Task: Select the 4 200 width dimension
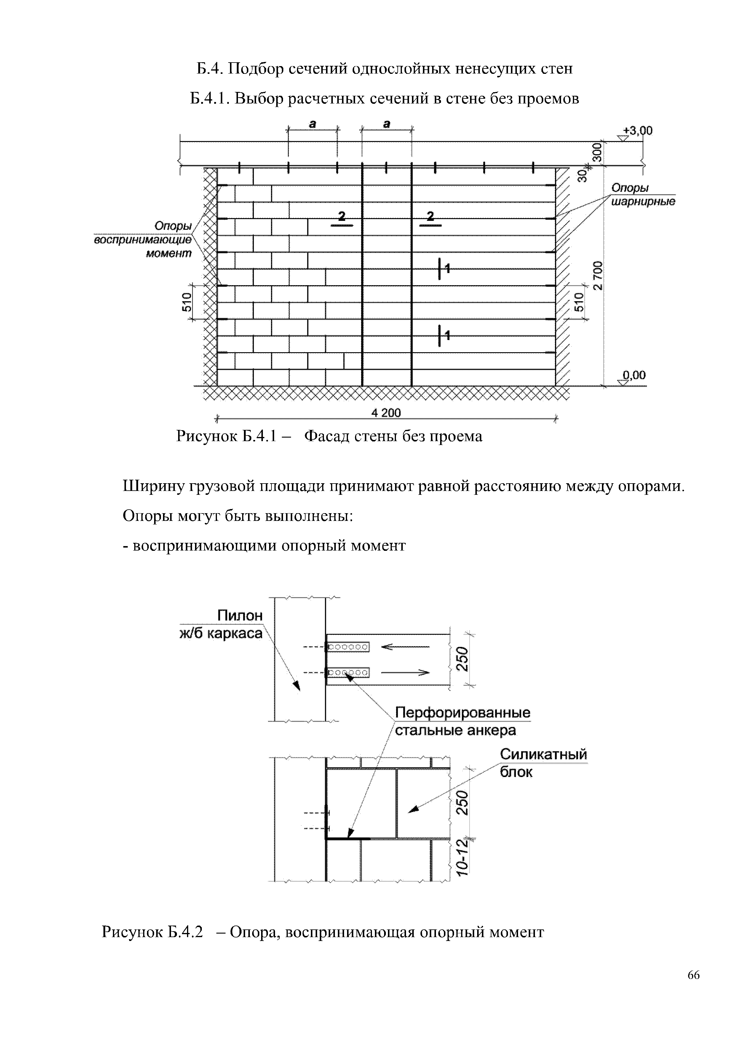(386, 413)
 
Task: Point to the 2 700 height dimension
(598, 275)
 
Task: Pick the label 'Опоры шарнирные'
(642, 195)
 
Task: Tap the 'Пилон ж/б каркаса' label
(222, 624)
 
